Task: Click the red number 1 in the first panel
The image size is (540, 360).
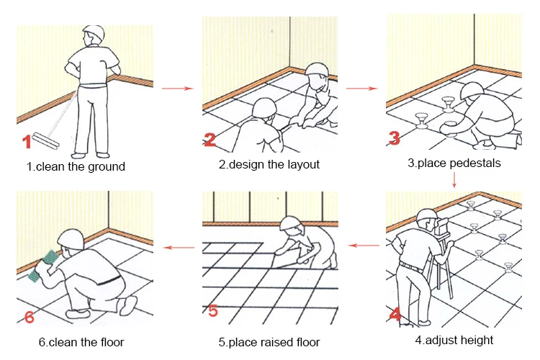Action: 27,141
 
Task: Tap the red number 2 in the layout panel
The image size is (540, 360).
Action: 210,140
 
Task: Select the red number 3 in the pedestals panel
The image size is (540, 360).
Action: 395,138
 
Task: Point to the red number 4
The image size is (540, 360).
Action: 395,314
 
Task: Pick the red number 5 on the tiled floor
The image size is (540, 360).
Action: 213,311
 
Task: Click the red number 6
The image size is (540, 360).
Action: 30,317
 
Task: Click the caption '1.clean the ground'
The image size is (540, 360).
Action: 76,167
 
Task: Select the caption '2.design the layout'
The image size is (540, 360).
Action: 269,164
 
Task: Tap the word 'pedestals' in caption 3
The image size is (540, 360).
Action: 477,163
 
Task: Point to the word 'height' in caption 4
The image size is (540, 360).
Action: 477,341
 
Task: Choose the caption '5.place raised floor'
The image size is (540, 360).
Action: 269,343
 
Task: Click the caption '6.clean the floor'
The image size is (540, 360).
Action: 81,343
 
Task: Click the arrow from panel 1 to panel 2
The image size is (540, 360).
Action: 177,89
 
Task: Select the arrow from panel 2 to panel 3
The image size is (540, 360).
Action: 361,89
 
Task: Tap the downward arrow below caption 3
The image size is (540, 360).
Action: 454,180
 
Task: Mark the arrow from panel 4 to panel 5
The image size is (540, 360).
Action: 364,246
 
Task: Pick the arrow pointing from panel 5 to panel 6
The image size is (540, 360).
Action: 179,248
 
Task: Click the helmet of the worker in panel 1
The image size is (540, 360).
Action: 94,32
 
